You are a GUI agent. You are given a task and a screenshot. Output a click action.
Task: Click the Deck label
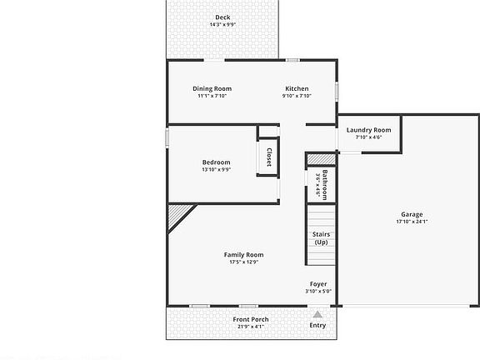pyautogui.click(x=222, y=17)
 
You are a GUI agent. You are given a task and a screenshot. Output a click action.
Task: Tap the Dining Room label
pyautogui.click(x=212, y=88)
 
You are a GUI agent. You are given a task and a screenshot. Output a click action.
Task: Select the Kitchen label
pyautogui.click(x=297, y=88)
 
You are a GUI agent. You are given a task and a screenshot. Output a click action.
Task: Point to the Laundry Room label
pyautogui.click(x=368, y=130)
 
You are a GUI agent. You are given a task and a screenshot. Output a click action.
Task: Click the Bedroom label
pyautogui.click(x=216, y=162)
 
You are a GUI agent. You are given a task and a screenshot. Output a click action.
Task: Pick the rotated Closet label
pyautogui.click(x=269, y=157)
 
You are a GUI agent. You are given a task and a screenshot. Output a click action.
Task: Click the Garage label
pyautogui.click(x=411, y=214)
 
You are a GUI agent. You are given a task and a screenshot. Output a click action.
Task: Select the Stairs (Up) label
pyautogui.click(x=321, y=238)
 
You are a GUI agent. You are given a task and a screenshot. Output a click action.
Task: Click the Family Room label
pyautogui.click(x=243, y=254)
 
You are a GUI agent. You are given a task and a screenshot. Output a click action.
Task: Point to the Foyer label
pyautogui.click(x=318, y=284)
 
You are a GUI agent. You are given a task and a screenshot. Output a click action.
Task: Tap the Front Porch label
pyautogui.click(x=251, y=319)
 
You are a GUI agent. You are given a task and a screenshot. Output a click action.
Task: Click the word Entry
pyautogui.click(x=317, y=325)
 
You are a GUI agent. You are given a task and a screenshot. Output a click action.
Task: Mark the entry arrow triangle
pyautogui.click(x=317, y=314)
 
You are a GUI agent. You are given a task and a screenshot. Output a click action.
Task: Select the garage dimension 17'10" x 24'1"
pyautogui.click(x=411, y=222)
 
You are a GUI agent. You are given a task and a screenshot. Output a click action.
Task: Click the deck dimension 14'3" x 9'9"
pyautogui.click(x=222, y=25)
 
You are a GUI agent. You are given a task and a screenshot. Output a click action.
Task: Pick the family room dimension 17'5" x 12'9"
pyautogui.click(x=243, y=262)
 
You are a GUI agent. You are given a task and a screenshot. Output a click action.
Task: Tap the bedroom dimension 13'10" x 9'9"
pyautogui.click(x=216, y=169)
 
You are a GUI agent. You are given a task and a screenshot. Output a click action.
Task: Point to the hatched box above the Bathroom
pyautogui.click(x=319, y=158)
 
